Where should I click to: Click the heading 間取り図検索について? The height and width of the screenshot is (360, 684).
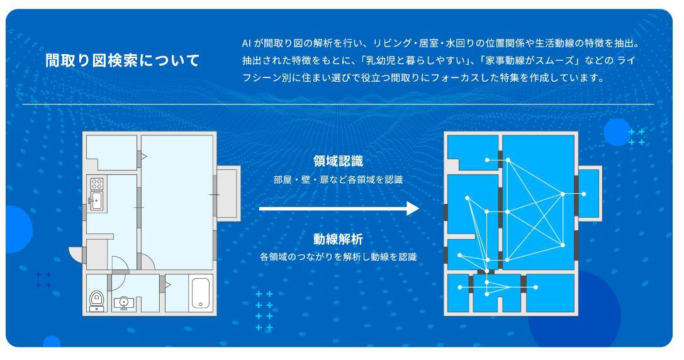pyautogui.click(x=122, y=61)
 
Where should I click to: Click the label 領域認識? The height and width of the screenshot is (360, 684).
pyautogui.click(x=338, y=161)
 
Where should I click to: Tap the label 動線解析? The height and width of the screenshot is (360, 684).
pyautogui.click(x=338, y=239)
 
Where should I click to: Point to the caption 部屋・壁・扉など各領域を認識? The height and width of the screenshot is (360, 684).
pyautogui.click(x=338, y=179)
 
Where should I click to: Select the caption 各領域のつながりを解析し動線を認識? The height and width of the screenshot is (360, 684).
pyautogui.click(x=338, y=257)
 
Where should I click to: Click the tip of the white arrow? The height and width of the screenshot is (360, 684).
pyautogui.click(x=418, y=208)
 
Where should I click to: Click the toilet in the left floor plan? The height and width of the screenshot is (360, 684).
pyautogui.click(x=97, y=300)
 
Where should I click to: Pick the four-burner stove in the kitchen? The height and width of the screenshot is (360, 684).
pyautogui.click(x=97, y=184)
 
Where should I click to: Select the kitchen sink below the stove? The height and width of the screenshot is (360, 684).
pyautogui.click(x=97, y=201)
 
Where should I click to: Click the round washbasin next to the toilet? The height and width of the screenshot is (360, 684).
pyautogui.click(x=124, y=302)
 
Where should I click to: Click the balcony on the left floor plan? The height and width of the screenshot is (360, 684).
pyautogui.click(x=228, y=194)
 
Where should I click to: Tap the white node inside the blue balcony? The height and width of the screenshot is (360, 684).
pyautogui.click(x=584, y=194)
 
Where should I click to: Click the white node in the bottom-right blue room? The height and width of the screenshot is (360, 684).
pyautogui.click(x=535, y=288)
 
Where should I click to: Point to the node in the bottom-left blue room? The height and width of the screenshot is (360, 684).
pyautogui.click(x=460, y=288)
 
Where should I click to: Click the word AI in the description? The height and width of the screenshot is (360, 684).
pyautogui.click(x=247, y=43)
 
